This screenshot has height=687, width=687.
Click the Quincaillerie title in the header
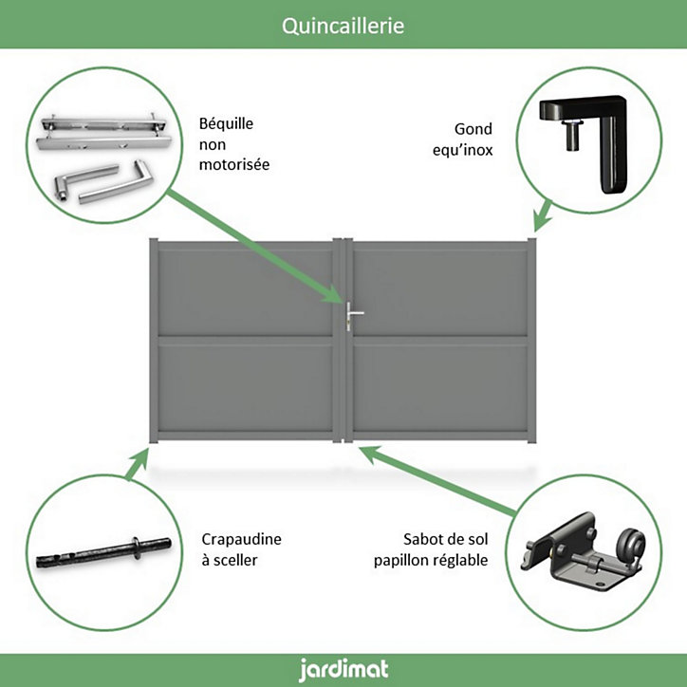(x=343, y=26)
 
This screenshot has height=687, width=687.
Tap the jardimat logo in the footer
(x=343, y=670)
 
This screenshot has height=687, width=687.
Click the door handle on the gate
(x=353, y=315)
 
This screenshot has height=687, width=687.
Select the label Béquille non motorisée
(x=234, y=143)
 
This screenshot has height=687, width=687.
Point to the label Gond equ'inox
(x=463, y=139)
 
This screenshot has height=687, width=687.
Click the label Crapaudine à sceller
(x=241, y=549)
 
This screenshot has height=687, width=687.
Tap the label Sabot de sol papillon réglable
(x=431, y=549)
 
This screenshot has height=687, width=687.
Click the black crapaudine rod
(x=103, y=552)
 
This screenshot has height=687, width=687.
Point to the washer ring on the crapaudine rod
(x=137, y=548)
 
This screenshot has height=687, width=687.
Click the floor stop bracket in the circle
(x=583, y=553)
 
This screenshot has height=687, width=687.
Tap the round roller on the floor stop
(x=630, y=546)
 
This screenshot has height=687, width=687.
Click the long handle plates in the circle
(x=103, y=132)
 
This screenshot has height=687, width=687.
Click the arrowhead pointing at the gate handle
(x=332, y=294)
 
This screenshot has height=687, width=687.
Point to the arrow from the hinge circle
(x=543, y=215)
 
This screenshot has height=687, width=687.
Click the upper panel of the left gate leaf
(x=246, y=292)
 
